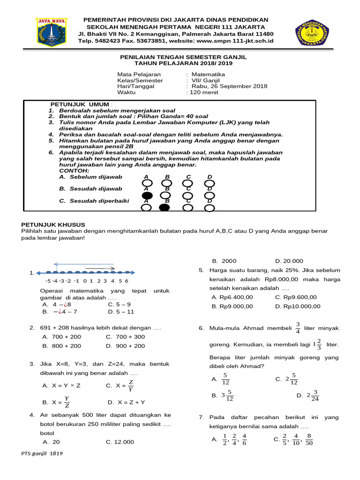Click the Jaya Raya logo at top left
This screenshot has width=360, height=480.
(52, 33)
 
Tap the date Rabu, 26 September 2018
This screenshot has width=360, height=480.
(229, 86)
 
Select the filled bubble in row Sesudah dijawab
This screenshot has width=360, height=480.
(147, 195)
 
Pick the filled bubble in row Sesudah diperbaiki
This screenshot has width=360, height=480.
(165, 208)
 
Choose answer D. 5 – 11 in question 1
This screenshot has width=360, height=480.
(121, 311)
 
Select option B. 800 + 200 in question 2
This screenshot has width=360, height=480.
(61, 346)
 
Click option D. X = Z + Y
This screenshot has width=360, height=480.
(126, 402)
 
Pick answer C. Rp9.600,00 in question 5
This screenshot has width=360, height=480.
(296, 297)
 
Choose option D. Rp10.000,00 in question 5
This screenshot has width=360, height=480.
(298, 306)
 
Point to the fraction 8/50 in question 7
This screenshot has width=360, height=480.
(309, 439)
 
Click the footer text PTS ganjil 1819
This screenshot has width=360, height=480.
(42, 454)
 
